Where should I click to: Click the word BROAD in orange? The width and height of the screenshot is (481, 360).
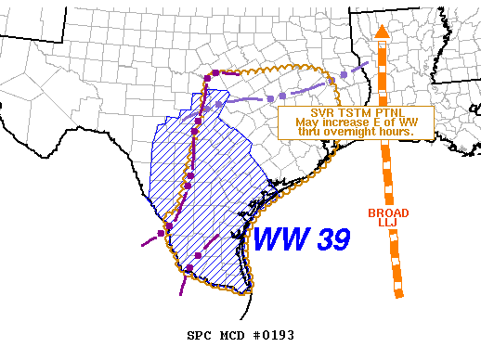383,212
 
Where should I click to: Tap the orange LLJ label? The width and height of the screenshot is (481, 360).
382,223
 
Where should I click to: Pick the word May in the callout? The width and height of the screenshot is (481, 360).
306,122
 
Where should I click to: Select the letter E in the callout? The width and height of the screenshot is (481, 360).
367,122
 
